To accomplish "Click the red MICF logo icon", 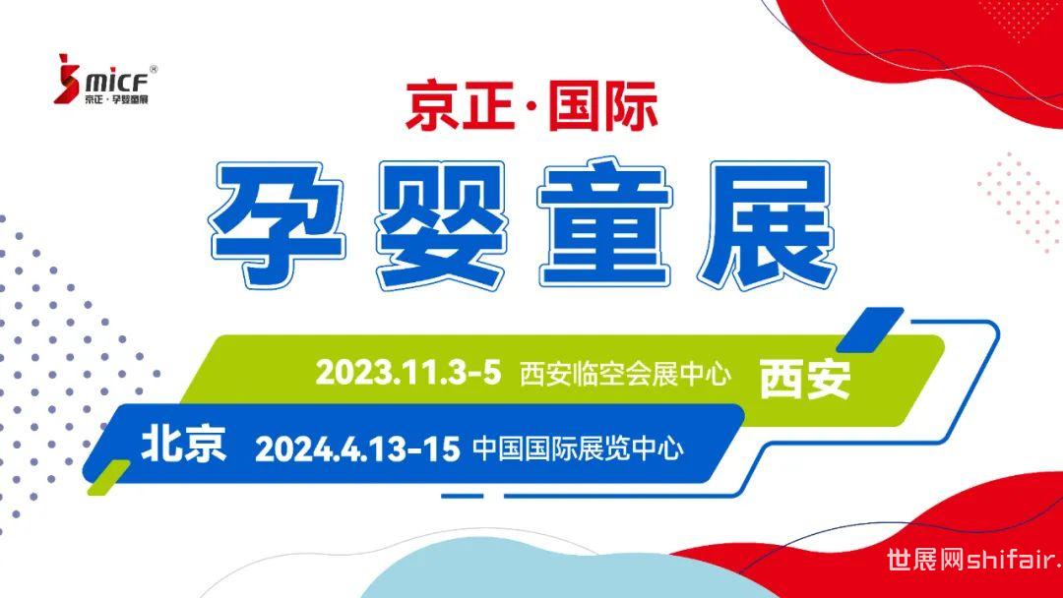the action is point(67,79).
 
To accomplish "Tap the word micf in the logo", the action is point(116,82).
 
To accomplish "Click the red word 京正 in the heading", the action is point(460,105).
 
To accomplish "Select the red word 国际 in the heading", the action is point(602,105).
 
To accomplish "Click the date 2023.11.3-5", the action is point(408,373).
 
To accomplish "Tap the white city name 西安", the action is point(805,379).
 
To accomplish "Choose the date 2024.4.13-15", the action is point(357,449).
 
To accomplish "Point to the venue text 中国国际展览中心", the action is point(579,449).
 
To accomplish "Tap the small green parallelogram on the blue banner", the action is point(108,476).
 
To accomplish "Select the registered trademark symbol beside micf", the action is point(154,69).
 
